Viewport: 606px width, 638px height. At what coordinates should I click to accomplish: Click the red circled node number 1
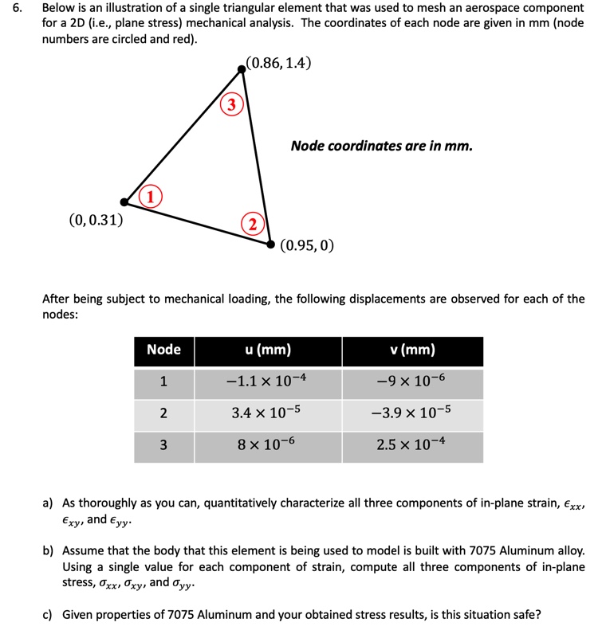pos(149,196)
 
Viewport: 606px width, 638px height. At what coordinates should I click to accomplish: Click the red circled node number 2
pos(251,224)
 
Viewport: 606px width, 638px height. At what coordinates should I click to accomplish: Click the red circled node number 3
pos(230,104)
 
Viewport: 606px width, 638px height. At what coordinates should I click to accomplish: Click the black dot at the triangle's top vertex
pos(243,70)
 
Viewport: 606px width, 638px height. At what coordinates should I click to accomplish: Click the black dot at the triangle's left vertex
pos(124,202)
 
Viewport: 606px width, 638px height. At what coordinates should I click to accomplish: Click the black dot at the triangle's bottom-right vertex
pos(270,245)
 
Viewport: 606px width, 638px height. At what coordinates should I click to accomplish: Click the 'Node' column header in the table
pos(163,350)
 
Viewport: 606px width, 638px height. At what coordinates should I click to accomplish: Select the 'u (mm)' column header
pos(267,350)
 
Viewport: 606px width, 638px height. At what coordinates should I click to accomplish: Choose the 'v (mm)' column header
pos(412,350)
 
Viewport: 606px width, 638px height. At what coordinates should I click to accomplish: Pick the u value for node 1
pos(267,382)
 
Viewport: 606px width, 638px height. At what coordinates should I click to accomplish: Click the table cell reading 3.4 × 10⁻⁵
pos(267,413)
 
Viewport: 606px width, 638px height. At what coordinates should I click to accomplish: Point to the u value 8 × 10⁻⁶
pos(267,444)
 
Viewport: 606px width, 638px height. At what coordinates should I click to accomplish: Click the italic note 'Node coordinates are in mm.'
pos(381,146)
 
